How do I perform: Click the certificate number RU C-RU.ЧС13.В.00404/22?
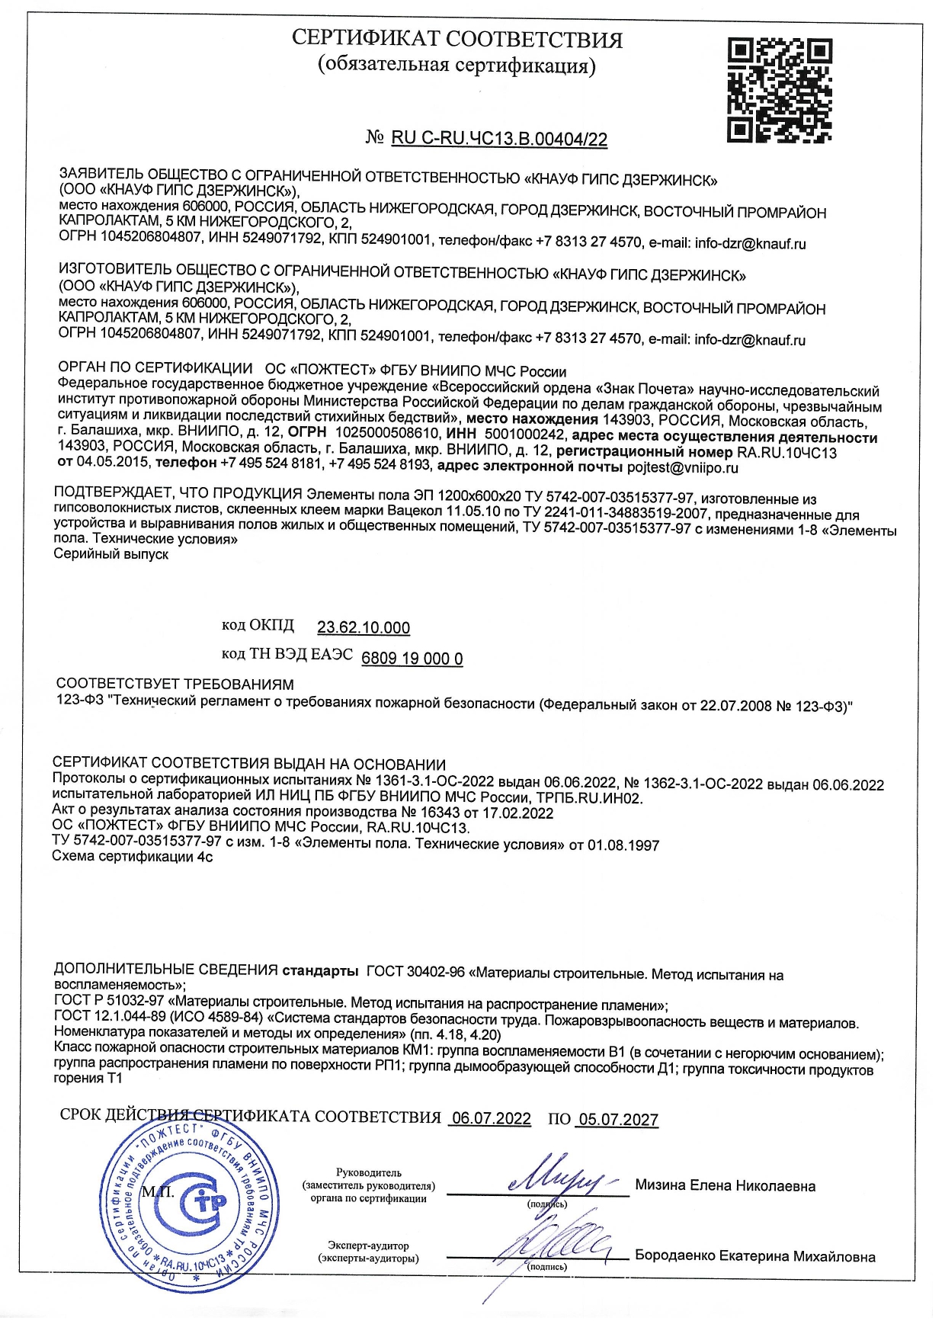click(499, 139)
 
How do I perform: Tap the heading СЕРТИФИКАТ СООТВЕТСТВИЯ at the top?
click(457, 39)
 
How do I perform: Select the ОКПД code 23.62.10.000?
click(364, 627)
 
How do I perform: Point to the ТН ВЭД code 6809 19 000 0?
click(412, 659)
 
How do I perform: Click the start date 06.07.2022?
click(491, 1118)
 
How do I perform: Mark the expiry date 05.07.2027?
click(618, 1119)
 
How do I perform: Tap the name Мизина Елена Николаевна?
click(725, 1186)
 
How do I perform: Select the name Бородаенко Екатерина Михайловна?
click(754, 1256)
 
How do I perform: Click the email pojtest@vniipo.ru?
click(682, 467)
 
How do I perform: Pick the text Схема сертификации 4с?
click(132, 857)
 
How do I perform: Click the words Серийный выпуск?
click(111, 554)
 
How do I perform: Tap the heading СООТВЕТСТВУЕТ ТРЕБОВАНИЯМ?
click(175, 685)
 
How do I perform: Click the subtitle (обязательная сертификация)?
click(456, 65)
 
